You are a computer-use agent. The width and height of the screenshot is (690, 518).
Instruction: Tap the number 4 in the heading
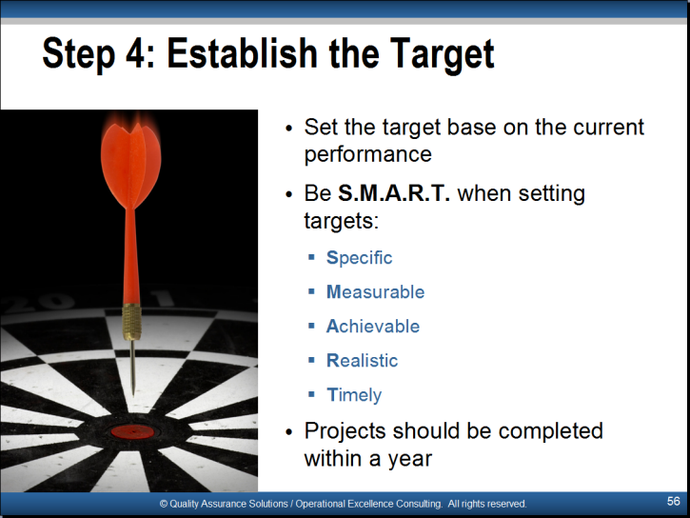135,52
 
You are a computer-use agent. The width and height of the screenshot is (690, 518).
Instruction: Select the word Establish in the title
242,52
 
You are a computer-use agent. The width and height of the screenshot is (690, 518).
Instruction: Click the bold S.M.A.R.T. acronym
394,193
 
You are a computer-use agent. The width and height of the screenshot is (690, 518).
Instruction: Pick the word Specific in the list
359,258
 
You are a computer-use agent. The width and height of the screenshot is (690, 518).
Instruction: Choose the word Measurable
375,291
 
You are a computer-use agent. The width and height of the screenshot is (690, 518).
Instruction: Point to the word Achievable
373,326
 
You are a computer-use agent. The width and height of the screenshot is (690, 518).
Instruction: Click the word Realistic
362,361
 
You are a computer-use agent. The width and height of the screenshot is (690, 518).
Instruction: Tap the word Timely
354,395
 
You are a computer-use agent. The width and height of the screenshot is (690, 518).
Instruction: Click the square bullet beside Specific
311,257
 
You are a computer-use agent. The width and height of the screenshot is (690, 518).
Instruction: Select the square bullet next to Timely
311,394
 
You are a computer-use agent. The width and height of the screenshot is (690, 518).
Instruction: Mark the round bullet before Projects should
288,432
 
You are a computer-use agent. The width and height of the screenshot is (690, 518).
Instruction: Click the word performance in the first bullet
368,155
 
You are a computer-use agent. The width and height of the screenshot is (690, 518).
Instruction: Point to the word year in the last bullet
409,460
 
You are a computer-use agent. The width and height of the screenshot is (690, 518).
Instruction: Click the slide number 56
673,501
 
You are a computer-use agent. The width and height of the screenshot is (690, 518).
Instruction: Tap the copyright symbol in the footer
164,504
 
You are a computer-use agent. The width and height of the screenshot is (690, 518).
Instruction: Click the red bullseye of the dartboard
132,432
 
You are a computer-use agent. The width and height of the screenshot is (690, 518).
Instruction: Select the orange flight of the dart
130,164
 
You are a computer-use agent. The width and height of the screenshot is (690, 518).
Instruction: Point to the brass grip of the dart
132,322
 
